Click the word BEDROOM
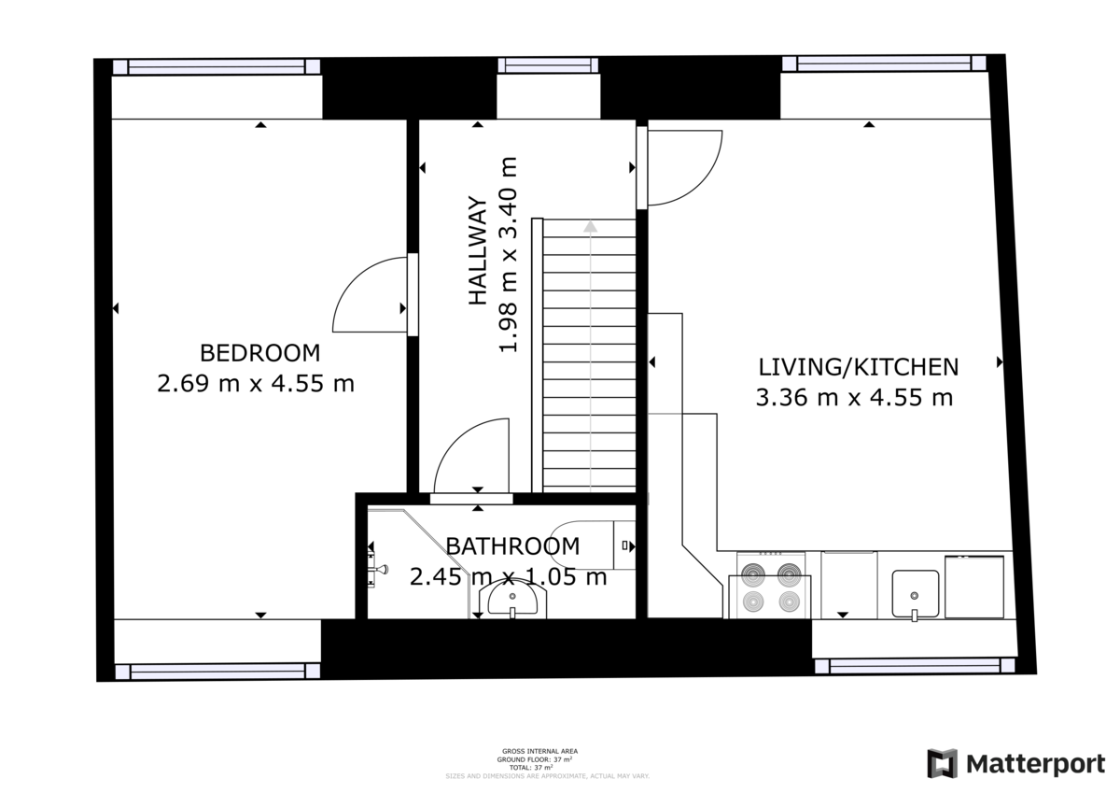[x=259, y=353]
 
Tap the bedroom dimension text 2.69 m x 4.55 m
[x=256, y=384]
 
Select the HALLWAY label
[x=477, y=250]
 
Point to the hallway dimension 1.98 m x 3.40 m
[x=508, y=254]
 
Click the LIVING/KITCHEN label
[x=858, y=366]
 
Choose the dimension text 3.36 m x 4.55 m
[x=854, y=398]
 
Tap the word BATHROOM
[x=512, y=545]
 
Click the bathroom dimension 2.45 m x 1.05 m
[x=509, y=577]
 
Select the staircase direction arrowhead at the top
[x=590, y=225]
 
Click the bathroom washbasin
[x=512, y=600]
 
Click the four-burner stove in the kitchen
[x=771, y=586]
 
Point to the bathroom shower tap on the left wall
[x=377, y=567]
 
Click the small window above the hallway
[x=548, y=65]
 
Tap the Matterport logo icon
[x=943, y=763]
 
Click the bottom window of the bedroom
[x=217, y=671]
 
